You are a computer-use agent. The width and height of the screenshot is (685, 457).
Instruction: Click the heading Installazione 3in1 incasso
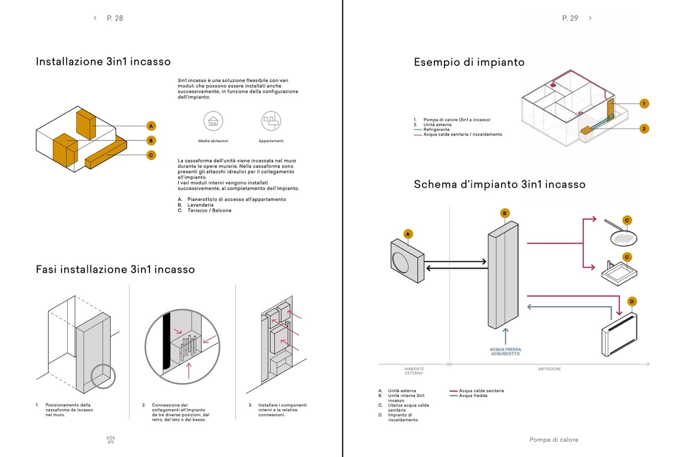click(x=103, y=62)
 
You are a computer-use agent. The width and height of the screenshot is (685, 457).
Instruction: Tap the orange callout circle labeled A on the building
click(x=151, y=126)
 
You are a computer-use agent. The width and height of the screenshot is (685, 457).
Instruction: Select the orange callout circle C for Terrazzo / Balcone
click(x=151, y=155)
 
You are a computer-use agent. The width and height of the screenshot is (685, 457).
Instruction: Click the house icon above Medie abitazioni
click(x=213, y=121)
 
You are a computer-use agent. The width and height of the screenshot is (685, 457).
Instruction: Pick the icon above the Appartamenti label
click(x=271, y=121)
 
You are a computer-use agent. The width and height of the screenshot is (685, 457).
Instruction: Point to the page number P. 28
click(x=115, y=18)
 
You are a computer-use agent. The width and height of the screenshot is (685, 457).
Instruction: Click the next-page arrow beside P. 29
click(x=590, y=18)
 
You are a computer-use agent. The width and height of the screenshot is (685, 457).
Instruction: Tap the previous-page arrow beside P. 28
click(x=95, y=18)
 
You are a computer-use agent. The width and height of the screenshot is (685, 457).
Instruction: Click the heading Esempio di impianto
click(x=469, y=62)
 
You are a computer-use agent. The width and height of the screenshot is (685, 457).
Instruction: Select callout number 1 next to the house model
click(x=644, y=104)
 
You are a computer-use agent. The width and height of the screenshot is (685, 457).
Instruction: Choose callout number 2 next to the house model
click(x=644, y=129)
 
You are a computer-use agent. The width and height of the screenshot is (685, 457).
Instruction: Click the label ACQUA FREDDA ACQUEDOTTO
click(x=505, y=351)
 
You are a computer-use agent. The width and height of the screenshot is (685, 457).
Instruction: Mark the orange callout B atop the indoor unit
click(x=504, y=213)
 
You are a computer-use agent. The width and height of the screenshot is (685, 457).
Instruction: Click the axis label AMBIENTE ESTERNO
click(x=414, y=371)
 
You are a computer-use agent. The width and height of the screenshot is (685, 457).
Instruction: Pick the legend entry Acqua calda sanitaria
click(x=481, y=391)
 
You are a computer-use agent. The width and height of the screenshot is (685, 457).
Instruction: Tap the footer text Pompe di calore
click(x=554, y=440)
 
